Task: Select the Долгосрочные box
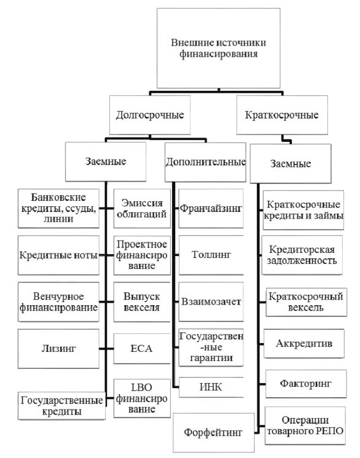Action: point(150,115)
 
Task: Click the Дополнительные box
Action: point(206,162)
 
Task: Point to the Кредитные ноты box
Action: point(58,255)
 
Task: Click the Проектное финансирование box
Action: point(142,255)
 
